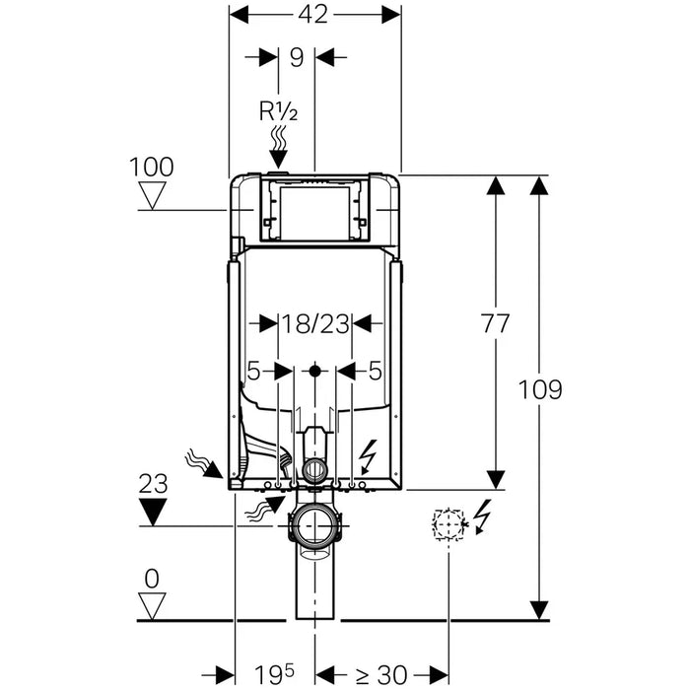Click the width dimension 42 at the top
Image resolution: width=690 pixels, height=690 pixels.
click(315, 14)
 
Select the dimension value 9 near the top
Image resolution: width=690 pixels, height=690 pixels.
click(296, 57)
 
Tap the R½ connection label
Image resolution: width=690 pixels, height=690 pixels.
click(278, 110)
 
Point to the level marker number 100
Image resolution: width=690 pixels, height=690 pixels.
click(152, 167)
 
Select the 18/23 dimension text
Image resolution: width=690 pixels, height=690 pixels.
click(314, 322)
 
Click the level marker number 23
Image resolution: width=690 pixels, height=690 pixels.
click(153, 484)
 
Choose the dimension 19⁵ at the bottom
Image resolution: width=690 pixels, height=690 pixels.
click(274, 675)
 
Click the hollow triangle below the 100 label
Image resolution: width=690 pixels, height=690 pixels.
click(153, 195)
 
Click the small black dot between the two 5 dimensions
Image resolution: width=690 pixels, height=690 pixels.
click(314, 373)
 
